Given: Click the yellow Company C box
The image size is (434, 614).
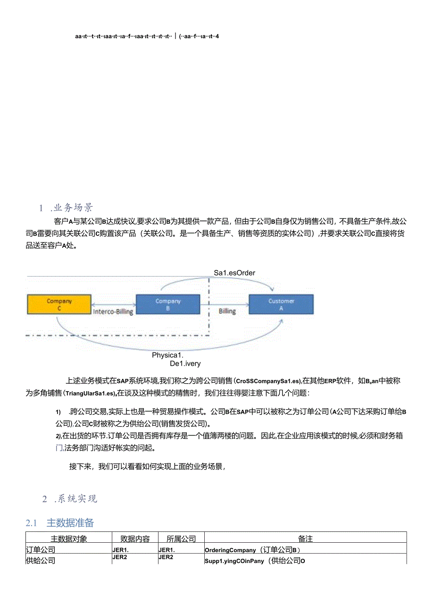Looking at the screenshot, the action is click(58, 304).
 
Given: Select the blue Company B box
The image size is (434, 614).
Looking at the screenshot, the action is click(167, 304).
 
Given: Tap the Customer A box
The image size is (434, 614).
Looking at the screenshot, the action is click(281, 304).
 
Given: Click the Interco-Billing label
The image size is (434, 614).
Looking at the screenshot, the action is click(113, 311).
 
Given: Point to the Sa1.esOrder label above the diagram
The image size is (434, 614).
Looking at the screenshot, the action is click(234, 273).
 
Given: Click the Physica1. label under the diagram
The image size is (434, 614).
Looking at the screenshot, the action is click(167, 355).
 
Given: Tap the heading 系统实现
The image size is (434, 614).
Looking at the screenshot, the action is click(77, 499).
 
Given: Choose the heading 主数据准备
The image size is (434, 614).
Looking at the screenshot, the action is click(70, 522).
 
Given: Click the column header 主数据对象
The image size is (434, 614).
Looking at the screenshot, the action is click(69, 538).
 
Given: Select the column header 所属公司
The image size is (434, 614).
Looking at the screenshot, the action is click(181, 538).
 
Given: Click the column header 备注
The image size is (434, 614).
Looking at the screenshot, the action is click(305, 538).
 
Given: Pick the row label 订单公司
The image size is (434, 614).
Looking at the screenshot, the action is click(41, 550).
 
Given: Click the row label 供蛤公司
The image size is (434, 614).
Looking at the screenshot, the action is click(41, 561).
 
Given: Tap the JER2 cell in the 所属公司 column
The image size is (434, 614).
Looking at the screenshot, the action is click(166, 557).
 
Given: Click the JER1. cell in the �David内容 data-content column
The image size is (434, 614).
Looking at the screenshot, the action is click(121, 549).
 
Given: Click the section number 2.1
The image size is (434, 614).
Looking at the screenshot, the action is click(31, 523).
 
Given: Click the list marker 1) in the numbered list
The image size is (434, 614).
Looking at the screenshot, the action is click(58, 412).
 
